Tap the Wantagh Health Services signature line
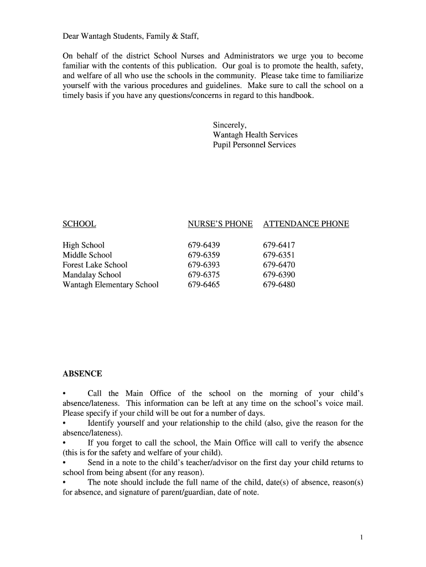[255, 135]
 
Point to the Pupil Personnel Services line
[254, 145]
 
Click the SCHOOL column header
[79, 224]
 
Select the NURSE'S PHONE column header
[220, 224]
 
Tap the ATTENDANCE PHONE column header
[306, 224]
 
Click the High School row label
[84, 245]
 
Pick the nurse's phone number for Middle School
[204, 255]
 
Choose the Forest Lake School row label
[95, 265]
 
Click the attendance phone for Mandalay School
[279, 275]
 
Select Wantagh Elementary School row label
[111, 285]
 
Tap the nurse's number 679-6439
[204, 245]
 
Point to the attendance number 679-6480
[279, 285]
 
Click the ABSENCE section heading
[82, 374]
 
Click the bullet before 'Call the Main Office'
[65, 394]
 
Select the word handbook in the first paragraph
[296, 96]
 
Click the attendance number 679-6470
[279, 265]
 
